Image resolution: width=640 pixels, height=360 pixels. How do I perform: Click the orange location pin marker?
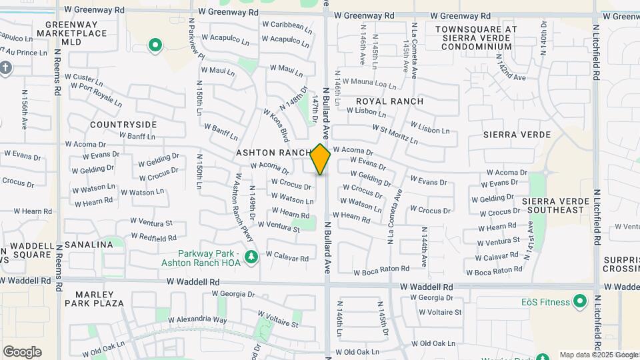tap(321, 159)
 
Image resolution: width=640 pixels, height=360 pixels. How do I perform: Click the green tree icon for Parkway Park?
tap(251, 257)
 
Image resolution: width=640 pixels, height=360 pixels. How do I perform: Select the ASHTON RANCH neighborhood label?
tap(273, 153)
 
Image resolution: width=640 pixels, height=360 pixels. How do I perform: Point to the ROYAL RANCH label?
tap(389, 101)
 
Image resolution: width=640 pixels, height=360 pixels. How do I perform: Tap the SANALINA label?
tap(89, 245)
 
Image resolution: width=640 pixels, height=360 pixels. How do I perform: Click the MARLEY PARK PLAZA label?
tap(94, 299)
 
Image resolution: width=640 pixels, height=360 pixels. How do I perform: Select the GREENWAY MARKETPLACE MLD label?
tap(76, 33)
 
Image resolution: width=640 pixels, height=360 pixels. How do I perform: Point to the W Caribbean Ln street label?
tap(287, 27)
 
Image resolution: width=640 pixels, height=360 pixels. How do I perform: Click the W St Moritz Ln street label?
tap(395, 133)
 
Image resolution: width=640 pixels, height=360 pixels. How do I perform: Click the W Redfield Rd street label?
tap(154, 237)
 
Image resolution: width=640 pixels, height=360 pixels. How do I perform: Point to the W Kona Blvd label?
tap(276, 125)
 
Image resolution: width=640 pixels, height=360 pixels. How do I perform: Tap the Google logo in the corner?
tap(22, 351)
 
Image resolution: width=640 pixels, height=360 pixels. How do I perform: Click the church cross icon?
tap(5, 68)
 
